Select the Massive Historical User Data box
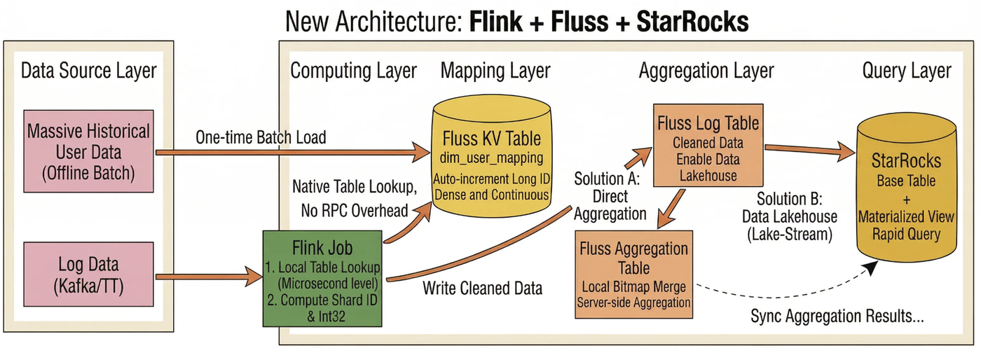pos(88,151)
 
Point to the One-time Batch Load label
pos(261,137)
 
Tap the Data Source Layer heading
pos(89,71)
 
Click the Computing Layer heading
pos(353,71)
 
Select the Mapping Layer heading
pos(495,71)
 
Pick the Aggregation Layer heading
pos(706,71)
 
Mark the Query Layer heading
pos(907,71)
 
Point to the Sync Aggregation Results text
pos(837,315)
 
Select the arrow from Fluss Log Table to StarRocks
pos(809,148)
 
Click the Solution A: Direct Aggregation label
pos(609,195)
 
